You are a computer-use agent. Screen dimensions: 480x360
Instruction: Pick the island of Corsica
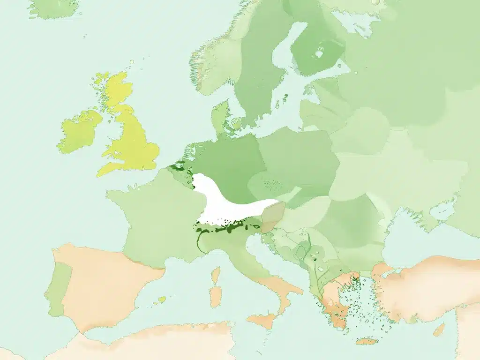click(216, 274)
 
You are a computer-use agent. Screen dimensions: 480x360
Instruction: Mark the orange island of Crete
click(367, 341)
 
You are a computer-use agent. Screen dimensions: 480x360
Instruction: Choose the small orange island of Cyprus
click(439, 330)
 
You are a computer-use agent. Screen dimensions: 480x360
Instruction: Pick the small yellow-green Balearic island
click(162, 299)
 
